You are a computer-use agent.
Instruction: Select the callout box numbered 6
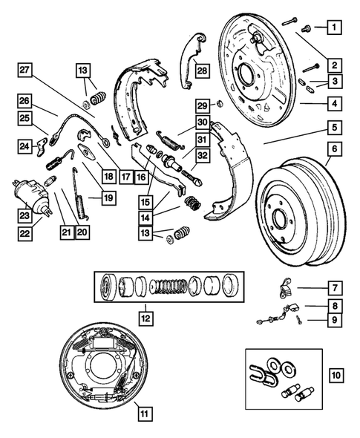(x=335, y=149)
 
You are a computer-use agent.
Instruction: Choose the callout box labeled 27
(x=25, y=71)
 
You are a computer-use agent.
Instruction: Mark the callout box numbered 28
(x=203, y=71)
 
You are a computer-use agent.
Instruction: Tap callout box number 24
(x=25, y=146)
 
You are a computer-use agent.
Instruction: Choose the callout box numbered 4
(x=335, y=103)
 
